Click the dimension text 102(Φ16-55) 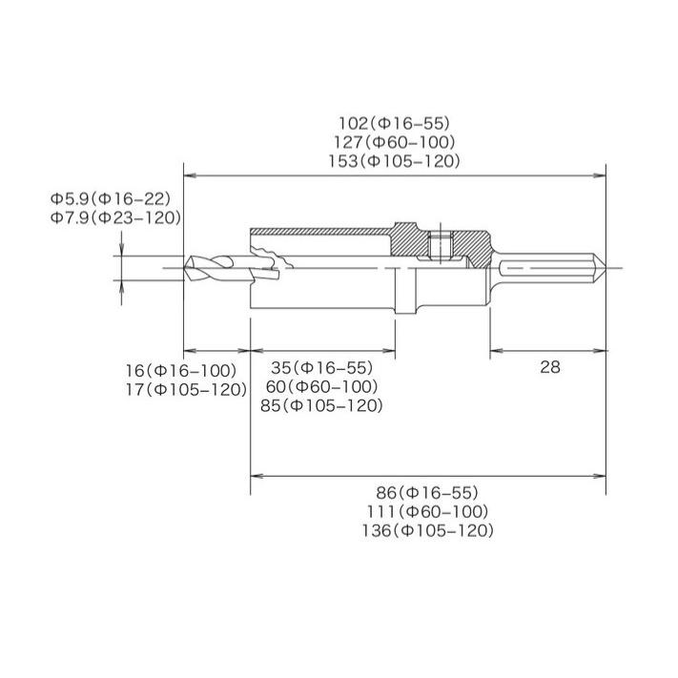click(x=394, y=124)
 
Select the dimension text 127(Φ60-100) click(x=395, y=142)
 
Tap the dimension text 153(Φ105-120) click(x=394, y=161)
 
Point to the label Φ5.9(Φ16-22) click(x=111, y=199)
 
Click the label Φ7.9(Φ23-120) click(x=115, y=217)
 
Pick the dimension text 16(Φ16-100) click(x=181, y=371)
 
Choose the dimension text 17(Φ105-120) click(x=186, y=390)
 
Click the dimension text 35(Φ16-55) click(x=321, y=367)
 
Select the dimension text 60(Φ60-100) click(x=321, y=386)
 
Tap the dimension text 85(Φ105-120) click(x=321, y=405)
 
